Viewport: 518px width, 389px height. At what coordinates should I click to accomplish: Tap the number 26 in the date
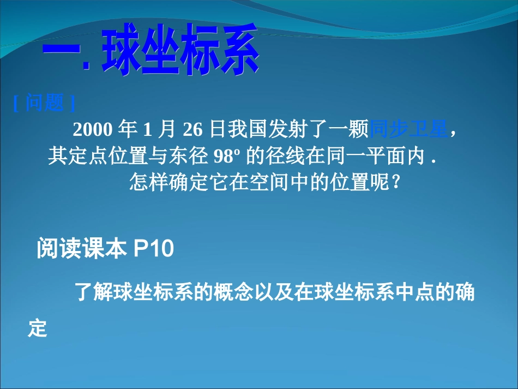point(192,129)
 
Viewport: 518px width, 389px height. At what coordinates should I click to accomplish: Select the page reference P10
point(153,249)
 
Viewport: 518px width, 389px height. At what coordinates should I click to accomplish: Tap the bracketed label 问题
point(44,103)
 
